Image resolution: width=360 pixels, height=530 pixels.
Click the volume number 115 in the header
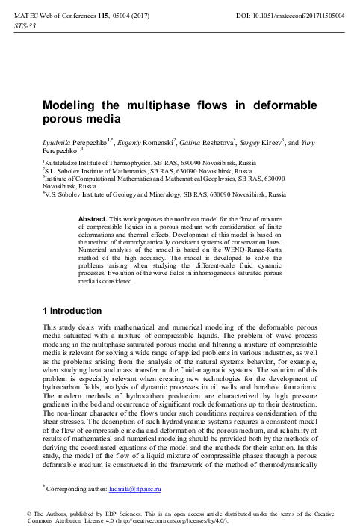pos(103,15)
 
